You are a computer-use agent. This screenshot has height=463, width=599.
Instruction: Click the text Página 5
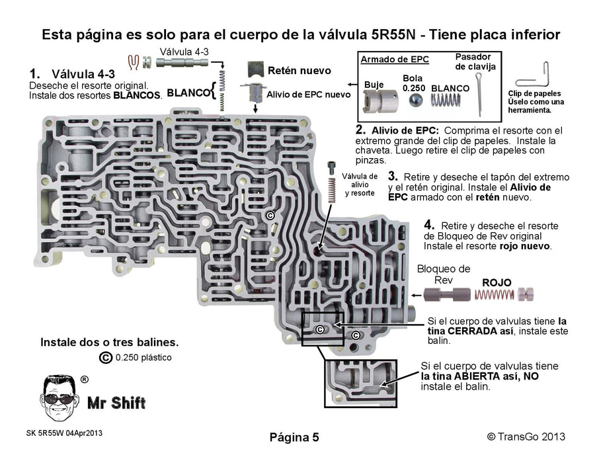[294, 437]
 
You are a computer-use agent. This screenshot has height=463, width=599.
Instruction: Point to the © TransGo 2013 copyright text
[526, 437]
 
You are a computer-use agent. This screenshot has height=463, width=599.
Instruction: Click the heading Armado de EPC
[394, 60]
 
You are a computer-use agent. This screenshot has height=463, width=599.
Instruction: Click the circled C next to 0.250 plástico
[104, 358]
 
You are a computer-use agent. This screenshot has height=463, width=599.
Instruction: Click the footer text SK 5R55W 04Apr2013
[64, 433]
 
